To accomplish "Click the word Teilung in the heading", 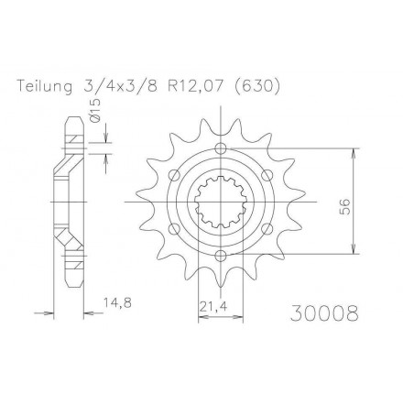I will (x=47, y=87).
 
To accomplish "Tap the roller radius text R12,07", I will (x=194, y=87).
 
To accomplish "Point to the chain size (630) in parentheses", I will (x=257, y=87).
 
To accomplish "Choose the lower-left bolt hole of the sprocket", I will (x=174, y=227).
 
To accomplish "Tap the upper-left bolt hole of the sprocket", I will (x=174, y=175).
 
